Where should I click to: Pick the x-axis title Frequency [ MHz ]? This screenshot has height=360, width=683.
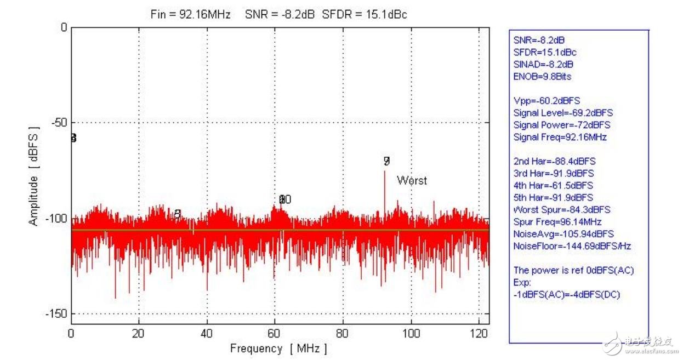(278, 348)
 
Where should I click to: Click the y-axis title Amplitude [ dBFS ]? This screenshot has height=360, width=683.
(34, 177)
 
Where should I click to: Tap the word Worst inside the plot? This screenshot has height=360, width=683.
(412, 180)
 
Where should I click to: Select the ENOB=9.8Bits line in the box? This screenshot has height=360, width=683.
(542, 77)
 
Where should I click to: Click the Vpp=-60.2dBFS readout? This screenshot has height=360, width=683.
(547, 101)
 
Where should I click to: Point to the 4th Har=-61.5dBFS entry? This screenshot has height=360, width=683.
(553, 186)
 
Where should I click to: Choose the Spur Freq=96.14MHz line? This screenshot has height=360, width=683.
(557, 222)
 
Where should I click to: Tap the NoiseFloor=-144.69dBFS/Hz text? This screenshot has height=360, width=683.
(572, 246)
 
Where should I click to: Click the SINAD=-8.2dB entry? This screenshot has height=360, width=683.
(543, 65)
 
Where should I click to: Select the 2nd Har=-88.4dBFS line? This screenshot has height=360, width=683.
(554, 161)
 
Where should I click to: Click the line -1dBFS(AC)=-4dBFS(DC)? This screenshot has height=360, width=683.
(567, 295)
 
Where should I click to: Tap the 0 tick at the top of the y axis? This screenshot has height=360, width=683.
(64, 27)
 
